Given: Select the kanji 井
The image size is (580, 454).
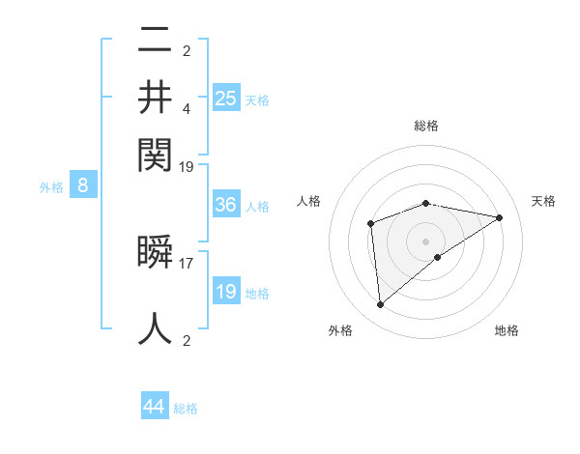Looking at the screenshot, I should pos(155,97).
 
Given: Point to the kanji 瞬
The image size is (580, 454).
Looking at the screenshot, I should pos(155,252).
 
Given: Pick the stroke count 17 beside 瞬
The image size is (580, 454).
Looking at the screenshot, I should pos(187,262).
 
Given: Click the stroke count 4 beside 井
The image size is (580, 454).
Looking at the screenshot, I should pos(187,106).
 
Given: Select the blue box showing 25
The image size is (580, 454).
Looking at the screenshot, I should pos(226,98).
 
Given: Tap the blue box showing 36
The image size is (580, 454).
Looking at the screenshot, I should pos(226,205).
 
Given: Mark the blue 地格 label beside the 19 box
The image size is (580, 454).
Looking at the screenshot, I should pos(257,293).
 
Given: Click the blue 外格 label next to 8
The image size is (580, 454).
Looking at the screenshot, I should pos(51,187).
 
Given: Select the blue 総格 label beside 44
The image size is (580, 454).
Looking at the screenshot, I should pos(186,409).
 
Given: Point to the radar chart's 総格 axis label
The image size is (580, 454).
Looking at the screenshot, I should pos(426,126).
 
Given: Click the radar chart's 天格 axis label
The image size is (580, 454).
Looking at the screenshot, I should pos(543,201).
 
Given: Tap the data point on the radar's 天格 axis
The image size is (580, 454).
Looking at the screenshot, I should pos(499,217).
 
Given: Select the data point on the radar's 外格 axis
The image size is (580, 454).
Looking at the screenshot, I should pos(381,304).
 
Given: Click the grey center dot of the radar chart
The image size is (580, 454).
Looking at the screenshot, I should pos(426,241).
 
